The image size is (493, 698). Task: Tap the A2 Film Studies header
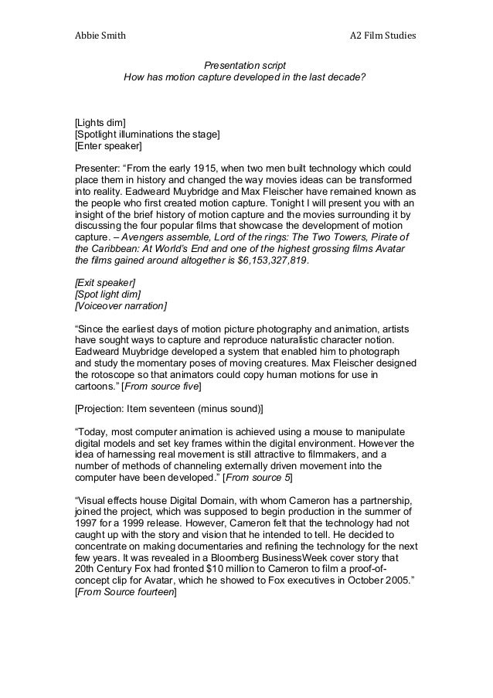pyautogui.click(x=382, y=36)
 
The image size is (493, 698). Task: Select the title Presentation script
pyautogui.click(x=245, y=66)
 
